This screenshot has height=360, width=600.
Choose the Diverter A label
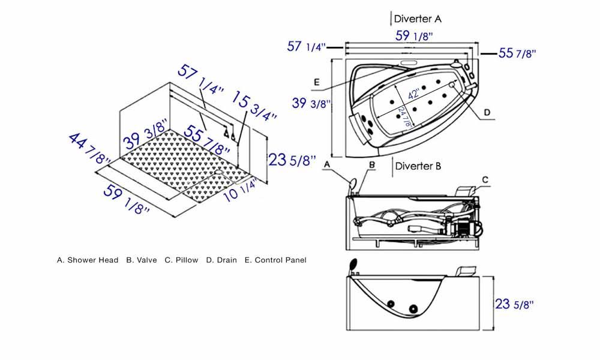click(418, 19)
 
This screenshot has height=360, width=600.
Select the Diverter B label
click(417, 166)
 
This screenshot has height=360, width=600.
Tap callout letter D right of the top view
click(487, 112)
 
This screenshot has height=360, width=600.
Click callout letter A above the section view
click(327, 163)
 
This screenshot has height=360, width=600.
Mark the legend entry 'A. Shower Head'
click(88, 260)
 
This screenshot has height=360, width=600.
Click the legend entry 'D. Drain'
click(221, 260)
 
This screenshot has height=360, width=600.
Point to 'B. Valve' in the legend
click(142, 260)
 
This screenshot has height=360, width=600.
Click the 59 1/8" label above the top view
click(414, 36)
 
